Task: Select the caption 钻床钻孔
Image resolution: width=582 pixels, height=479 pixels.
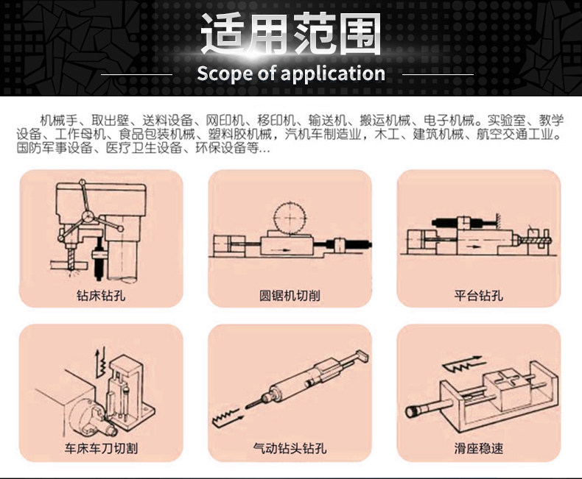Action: [x=101, y=297]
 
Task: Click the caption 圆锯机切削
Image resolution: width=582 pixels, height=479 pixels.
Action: [x=290, y=297]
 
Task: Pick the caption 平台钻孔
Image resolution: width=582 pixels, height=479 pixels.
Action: [x=479, y=297]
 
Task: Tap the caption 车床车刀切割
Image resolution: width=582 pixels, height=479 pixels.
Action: [x=101, y=448]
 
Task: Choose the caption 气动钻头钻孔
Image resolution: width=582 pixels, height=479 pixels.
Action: [x=290, y=448]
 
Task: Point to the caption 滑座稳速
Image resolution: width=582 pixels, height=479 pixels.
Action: [x=479, y=448]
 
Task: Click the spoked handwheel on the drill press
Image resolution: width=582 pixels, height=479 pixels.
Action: [x=88, y=215]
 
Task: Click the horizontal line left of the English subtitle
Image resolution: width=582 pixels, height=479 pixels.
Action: [x=136, y=75]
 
